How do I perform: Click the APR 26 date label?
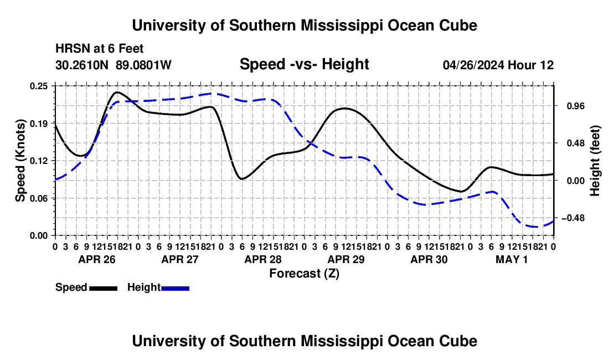[97, 259]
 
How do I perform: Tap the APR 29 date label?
[346, 259]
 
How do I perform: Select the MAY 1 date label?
[512, 259]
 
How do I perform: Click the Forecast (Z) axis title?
[304, 274]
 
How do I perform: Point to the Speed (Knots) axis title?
[20, 161]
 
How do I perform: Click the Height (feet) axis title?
[595, 161]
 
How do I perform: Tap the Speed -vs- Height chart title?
[304, 64]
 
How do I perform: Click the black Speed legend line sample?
[104, 288]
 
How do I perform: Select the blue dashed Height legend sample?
[175, 288]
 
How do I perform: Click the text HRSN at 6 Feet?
[100, 49]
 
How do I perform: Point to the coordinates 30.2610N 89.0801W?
[113, 65]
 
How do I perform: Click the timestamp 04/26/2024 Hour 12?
[498, 65]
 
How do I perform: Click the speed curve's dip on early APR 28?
[242, 179]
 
